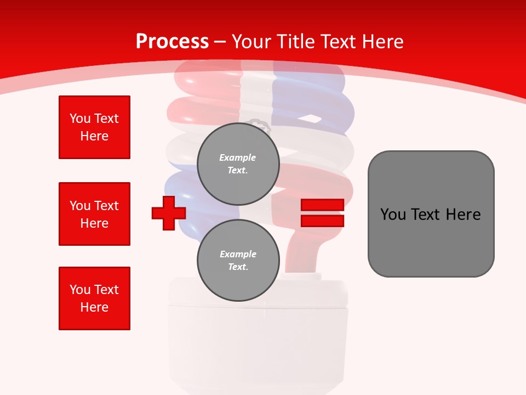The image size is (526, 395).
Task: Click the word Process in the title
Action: [x=172, y=42]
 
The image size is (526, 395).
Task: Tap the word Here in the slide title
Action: [x=380, y=42]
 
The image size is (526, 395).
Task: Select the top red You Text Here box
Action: [x=94, y=127]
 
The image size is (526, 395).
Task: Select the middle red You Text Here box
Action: [x=94, y=214]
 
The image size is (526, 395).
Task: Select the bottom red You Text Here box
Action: [x=94, y=298]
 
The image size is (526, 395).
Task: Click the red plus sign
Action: [x=169, y=213]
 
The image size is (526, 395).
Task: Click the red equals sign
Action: [x=322, y=213]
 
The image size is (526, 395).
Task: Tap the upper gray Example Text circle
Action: [x=238, y=164]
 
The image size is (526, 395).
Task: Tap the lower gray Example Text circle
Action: [x=238, y=261]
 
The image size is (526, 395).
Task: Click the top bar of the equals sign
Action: [x=322, y=205]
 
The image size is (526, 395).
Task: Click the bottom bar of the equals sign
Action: [x=322, y=221]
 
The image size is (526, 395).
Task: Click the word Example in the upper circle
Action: [x=238, y=157]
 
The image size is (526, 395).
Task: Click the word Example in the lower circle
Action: [x=238, y=254]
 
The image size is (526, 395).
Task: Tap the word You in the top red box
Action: [x=79, y=119]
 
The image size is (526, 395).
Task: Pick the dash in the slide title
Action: [x=220, y=42]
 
